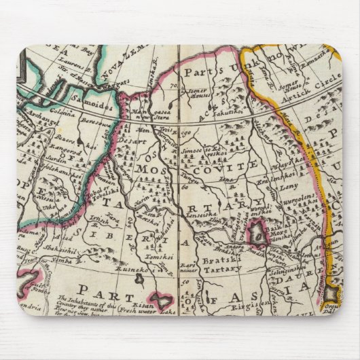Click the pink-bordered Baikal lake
(258, 234)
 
